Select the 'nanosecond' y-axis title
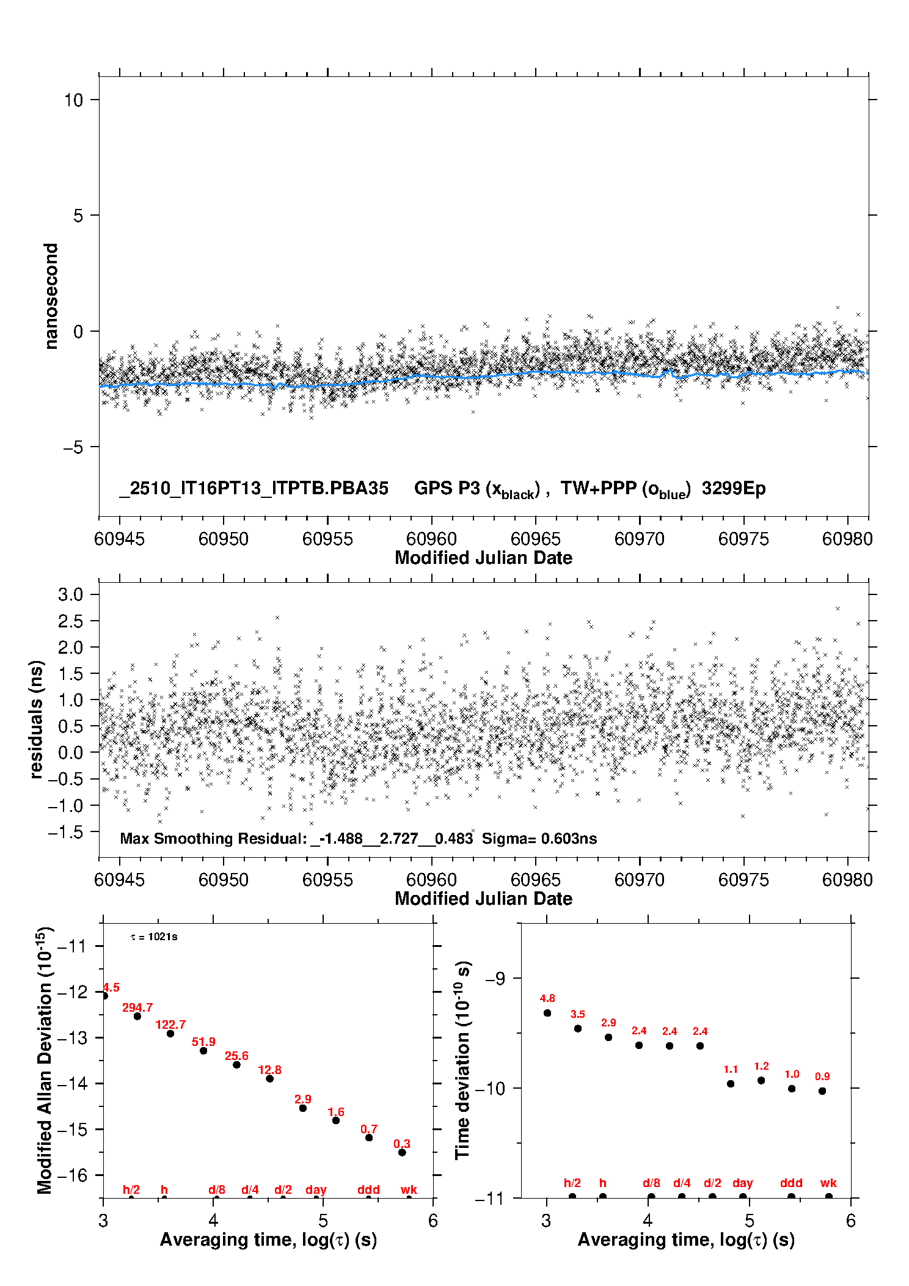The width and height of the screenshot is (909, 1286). click(x=51, y=296)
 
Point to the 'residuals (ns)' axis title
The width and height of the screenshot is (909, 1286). click(x=37, y=719)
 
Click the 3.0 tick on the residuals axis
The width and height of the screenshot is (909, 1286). click(x=70, y=595)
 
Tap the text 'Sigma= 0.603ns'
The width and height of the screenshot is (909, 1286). click(x=539, y=838)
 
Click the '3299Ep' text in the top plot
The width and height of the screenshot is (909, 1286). click(x=733, y=488)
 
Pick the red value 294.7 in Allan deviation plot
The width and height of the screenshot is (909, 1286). click(x=137, y=1007)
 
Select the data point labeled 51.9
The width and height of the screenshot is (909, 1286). click(x=203, y=1051)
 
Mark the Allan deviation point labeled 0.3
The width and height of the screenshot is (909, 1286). click(x=402, y=1152)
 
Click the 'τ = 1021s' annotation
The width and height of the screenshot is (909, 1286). click(x=154, y=937)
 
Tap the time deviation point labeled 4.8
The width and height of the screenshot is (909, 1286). click(x=547, y=1013)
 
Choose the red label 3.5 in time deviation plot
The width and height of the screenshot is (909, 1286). click(x=578, y=1014)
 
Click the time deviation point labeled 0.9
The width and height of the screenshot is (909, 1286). click(x=822, y=1091)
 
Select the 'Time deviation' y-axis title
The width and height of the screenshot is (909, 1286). click(x=462, y=1061)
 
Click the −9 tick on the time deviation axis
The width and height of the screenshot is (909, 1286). click(x=494, y=979)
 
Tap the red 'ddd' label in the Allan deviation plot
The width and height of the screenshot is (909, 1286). click(x=368, y=1189)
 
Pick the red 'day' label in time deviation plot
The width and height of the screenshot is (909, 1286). click(x=742, y=1183)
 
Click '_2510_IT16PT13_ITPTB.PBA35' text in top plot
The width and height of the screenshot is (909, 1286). click(x=254, y=488)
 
